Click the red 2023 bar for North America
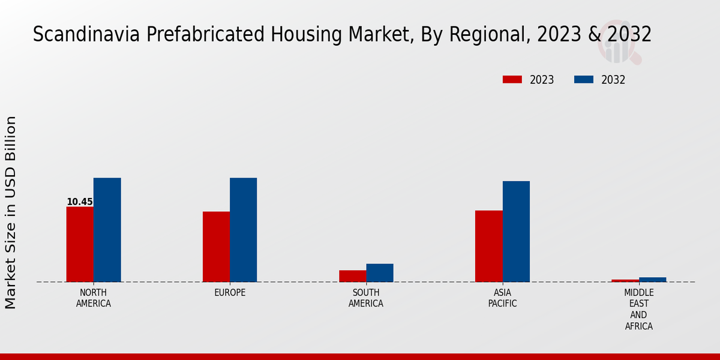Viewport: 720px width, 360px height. [80, 244]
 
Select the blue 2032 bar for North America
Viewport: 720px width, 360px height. [107, 230]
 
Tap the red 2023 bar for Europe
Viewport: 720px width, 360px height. [216, 247]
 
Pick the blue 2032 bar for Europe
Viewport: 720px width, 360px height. [243, 230]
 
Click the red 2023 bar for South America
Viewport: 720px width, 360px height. [352, 276]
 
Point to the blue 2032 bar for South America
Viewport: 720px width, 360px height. [380, 273]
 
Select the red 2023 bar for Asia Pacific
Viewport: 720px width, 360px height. [488, 246]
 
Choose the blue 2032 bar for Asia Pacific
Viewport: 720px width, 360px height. [516, 232]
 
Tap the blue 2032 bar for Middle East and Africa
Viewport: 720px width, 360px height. [652, 280]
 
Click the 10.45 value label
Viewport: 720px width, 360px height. [80, 202]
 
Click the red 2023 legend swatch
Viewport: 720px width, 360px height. [512, 80]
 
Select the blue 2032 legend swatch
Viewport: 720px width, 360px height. [584, 80]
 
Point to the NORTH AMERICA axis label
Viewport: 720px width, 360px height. [94, 298]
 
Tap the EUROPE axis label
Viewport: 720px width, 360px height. [230, 293]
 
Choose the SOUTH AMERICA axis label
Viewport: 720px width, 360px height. [366, 298]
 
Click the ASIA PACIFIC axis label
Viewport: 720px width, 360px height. [502, 298]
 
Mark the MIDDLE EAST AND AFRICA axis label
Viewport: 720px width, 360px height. [638, 310]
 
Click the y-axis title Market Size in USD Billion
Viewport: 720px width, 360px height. [11, 213]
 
